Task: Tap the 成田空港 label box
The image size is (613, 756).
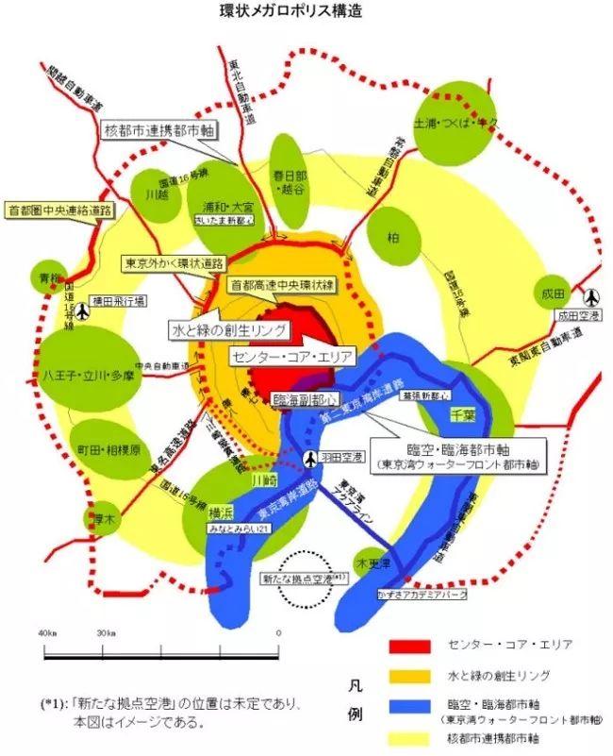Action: coord(578,317)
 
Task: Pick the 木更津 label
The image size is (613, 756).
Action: coord(373,563)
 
